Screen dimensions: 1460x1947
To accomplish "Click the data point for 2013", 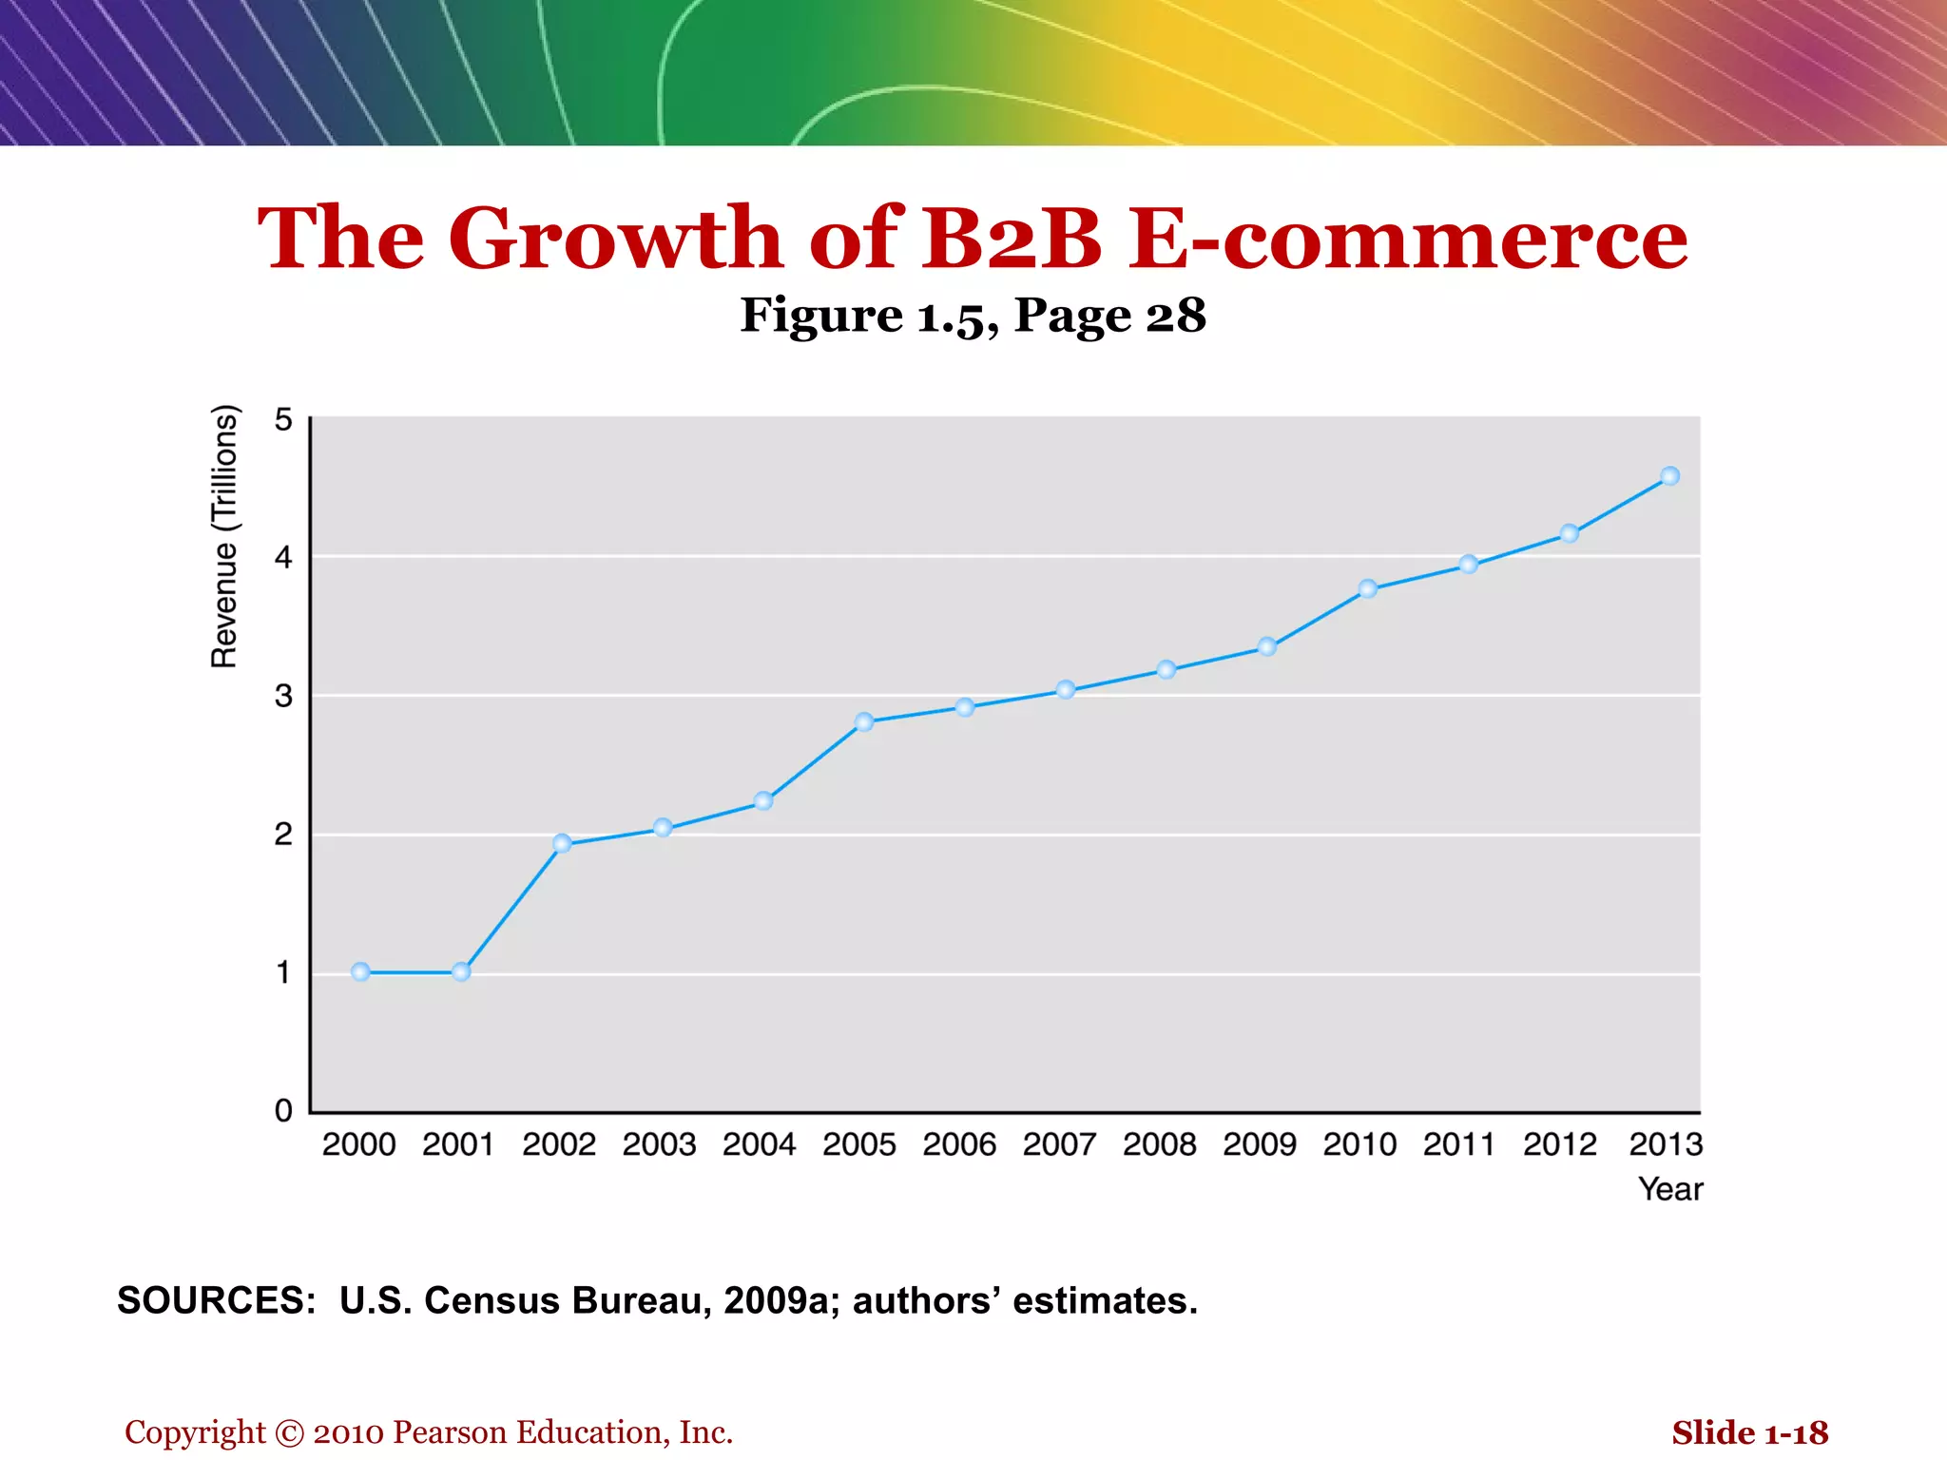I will pos(1669,476).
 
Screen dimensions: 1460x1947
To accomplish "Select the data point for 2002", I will pos(562,843).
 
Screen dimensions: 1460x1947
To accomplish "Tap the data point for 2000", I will pos(360,971).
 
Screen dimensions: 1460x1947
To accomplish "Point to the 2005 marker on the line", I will pos(864,721).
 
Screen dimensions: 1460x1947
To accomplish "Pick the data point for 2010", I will pos(1368,588).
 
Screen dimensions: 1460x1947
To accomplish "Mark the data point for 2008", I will pos(1166,669).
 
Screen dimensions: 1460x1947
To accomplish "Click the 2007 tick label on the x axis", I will pos(1059,1143).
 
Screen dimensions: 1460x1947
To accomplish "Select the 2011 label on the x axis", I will pos(1459,1143).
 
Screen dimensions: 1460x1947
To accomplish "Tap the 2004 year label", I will pos(759,1143).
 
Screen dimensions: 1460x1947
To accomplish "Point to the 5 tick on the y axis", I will pos(283,419).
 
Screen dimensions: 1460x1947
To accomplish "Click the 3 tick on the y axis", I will pos(283,696).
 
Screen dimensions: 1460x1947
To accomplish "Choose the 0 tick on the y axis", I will pos(283,1110).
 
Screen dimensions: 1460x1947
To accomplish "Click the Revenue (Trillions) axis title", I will pos(224,537).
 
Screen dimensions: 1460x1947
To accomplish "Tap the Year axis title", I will pos(1670,1189).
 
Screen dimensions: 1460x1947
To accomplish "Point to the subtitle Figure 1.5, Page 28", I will pos(973,316).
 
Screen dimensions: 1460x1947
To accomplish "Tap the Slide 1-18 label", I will pos(1749,1432).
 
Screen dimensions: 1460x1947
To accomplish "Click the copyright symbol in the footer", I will pos(289,1433).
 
